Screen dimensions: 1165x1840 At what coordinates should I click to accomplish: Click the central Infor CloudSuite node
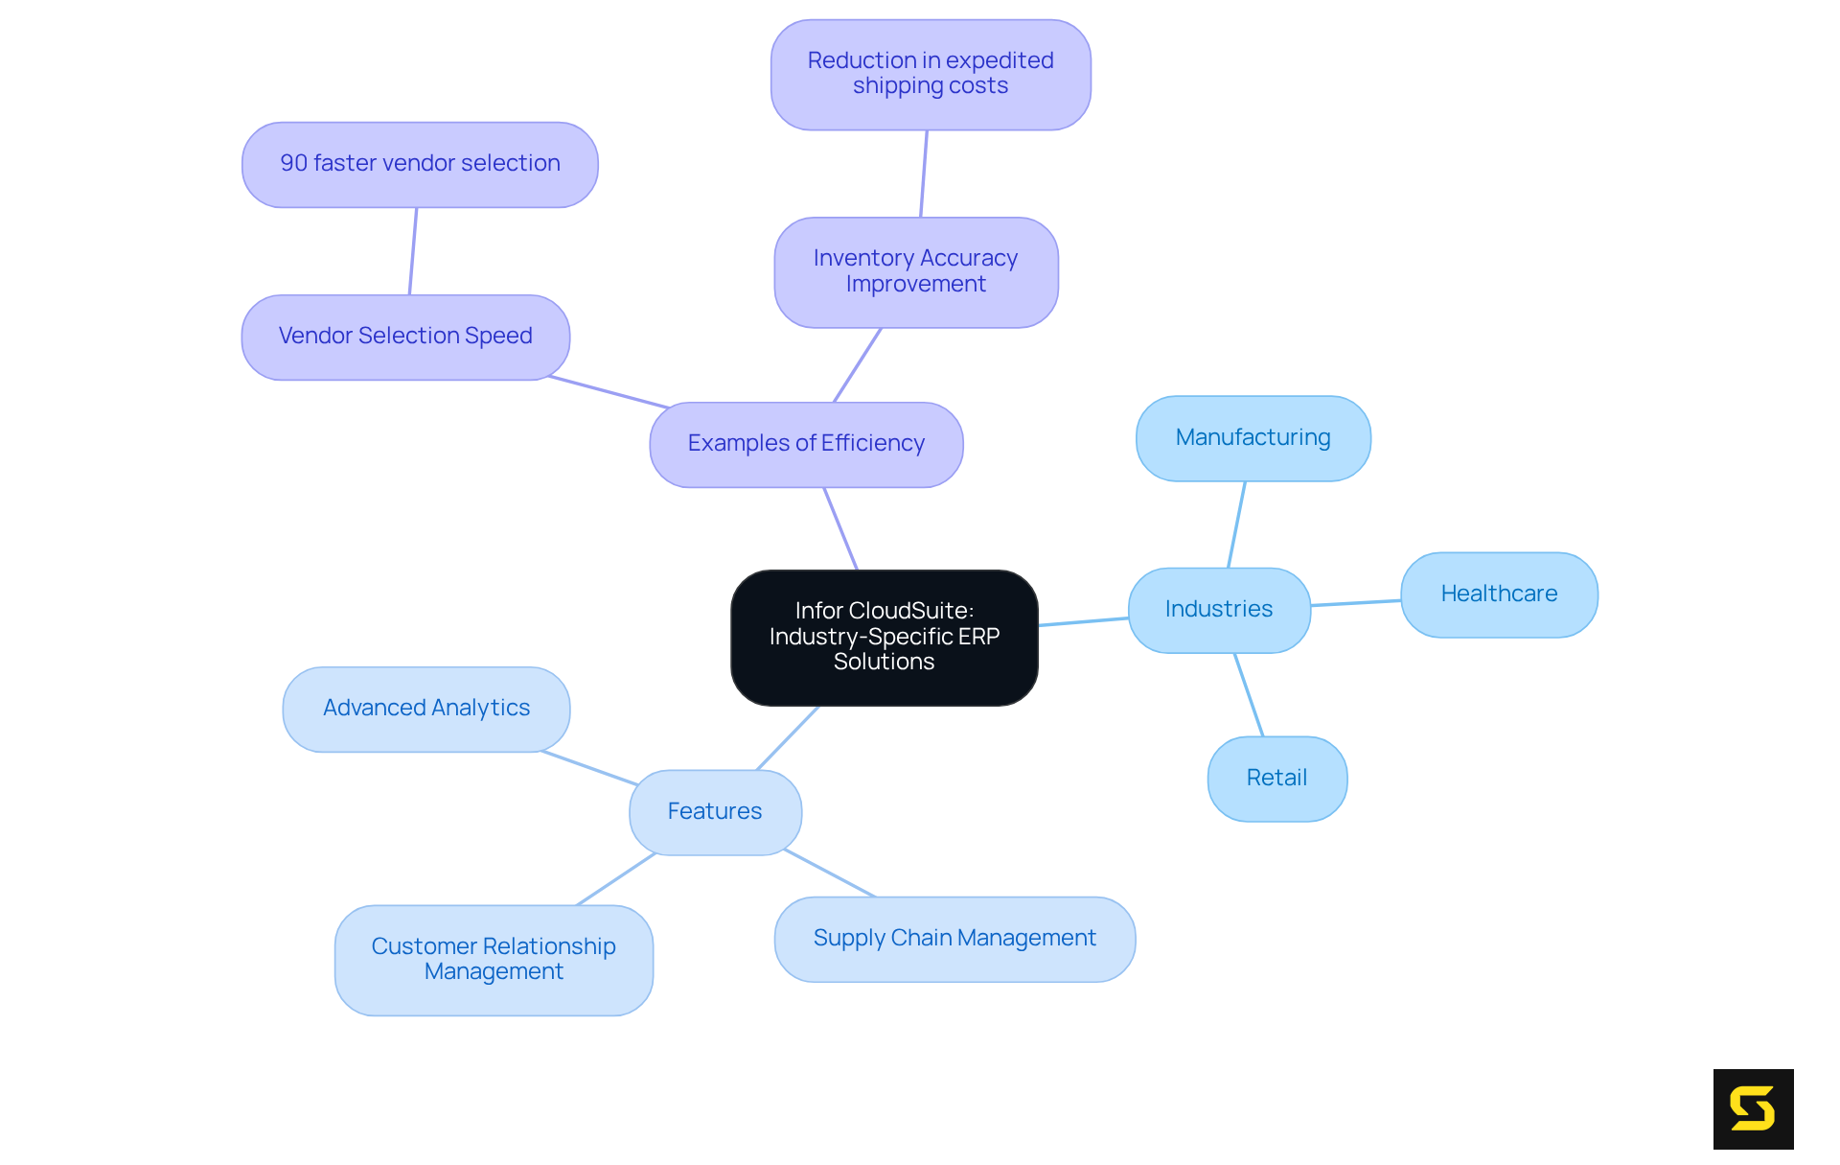coord(884,637)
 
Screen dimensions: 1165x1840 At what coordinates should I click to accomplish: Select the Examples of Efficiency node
coord(806,444)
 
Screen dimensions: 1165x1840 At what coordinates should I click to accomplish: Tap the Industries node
coord(1219,610)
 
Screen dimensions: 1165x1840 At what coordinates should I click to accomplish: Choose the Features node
coord(715,812)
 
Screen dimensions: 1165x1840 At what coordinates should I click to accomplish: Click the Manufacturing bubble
coord(1253,438)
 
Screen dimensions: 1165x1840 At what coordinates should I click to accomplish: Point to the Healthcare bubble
coord(1499,594)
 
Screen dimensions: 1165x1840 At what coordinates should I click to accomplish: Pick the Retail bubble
coord(1276,779)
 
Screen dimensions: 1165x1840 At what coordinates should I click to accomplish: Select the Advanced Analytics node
coord(426,709)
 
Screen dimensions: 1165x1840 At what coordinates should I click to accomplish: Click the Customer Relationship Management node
coord(494,960)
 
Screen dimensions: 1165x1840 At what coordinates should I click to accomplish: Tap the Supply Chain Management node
coord(954,939)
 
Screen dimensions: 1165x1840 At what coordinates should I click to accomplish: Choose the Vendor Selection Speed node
coord(405,337)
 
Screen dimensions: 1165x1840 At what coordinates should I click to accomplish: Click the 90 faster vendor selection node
coord(420,164)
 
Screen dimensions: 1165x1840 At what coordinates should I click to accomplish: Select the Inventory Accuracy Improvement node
coord(915,272)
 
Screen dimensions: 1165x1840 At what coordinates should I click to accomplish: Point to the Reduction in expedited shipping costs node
coord(931,74)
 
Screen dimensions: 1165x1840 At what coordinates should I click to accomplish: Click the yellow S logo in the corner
coord(1753,1108)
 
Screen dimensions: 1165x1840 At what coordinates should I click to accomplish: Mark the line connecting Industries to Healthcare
coord(1356,603)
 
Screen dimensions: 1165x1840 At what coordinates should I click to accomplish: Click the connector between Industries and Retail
coord(1249,695)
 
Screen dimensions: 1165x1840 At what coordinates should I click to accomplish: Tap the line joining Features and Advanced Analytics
coord(589,768)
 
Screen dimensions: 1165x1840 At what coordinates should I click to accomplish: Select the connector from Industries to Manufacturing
coord(1236,524)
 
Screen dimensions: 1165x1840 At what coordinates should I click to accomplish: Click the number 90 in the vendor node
coord(293,164)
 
